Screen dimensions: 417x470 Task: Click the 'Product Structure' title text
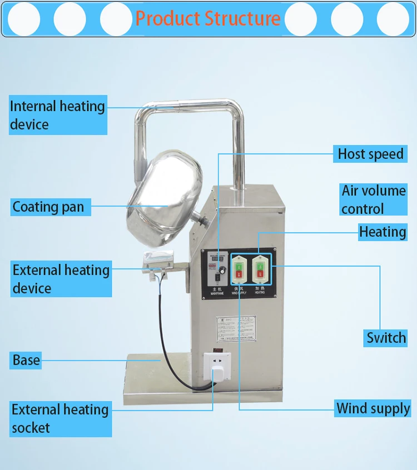coord(208,18)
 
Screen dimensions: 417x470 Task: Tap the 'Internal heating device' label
coord(58,115)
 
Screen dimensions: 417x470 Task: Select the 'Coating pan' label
coord(49,207)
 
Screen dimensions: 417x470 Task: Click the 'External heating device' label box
coord(61,279)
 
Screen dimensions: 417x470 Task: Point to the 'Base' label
coord(27,360)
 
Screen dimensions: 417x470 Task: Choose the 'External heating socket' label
coord(61,418)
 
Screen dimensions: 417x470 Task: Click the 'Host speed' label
coord(370,153)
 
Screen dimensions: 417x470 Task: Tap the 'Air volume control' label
coord(373,199)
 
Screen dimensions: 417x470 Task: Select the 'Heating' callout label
coord(382,232)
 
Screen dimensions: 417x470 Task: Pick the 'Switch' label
coord(385,337)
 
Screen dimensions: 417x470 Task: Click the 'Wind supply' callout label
coord(373,409)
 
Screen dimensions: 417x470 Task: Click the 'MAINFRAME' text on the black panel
coord(217,293)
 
